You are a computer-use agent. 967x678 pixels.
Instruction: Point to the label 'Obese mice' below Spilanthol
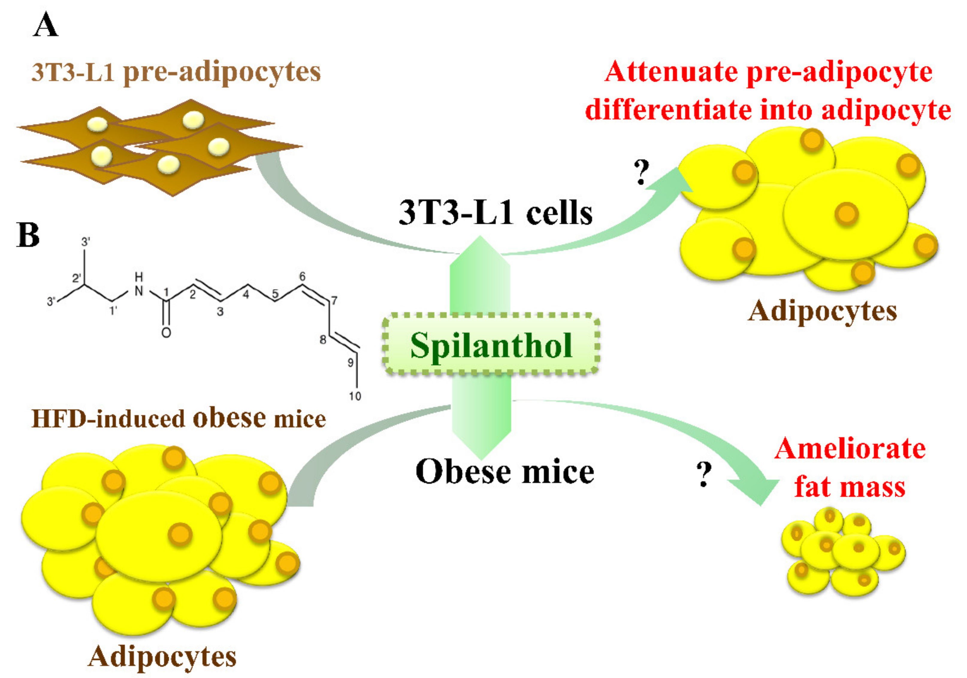tap(504, 472)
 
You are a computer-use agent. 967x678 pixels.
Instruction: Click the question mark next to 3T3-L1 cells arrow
tap(641, 173)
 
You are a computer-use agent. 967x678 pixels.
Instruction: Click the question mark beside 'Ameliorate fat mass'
tap(704, 475)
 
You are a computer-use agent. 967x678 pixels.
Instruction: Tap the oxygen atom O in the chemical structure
tap(166, 333)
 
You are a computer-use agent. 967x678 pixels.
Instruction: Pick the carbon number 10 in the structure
tap(355, 396)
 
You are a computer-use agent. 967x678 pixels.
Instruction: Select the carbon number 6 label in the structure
tap(302, 277)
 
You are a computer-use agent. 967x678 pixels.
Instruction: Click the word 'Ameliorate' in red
tap(850, 449)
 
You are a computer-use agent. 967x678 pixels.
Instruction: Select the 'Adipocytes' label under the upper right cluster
tap(822, 312)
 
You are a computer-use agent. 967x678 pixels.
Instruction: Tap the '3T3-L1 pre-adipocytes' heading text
tap(176, 72)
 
